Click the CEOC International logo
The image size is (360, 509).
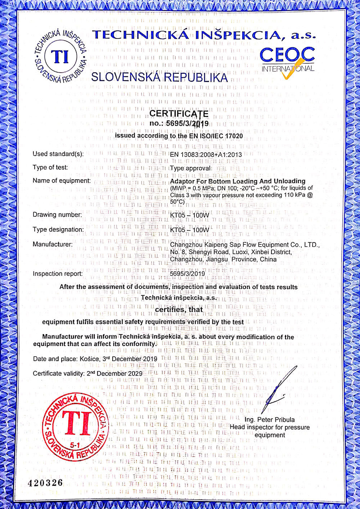pyautogui.click(x=287, y=62)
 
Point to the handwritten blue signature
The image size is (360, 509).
pyautogui.click(x=279, y=391)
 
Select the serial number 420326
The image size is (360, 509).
pyautogui.click(x=45, y=483)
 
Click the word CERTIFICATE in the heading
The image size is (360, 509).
pyautogui.click(x=179, y=114)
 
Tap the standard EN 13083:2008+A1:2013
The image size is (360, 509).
pyautogui.click(x=206, y=154)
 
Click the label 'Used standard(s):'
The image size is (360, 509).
pyautogui.click(x=58, y=154)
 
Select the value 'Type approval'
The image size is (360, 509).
pyautogui.click(x=190, y=168)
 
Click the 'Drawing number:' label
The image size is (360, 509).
pyautogui.click(x=57, y=215)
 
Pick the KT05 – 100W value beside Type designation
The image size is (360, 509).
pyautogui.click(x=189, y=230)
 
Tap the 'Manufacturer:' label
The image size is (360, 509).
pyautogui.click(x=53, y=244)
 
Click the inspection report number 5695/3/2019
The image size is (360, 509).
pyautogui.click(x=187, y=274)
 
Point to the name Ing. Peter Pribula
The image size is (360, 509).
pyautogui.click(x=269, y=420)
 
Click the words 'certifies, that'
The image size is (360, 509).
pyautogui.click(x=179, y=309)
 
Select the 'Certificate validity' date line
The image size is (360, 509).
pyautogui.click(x=87, y=373)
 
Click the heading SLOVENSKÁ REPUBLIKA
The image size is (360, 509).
pyautogui.click(x=159, y=77)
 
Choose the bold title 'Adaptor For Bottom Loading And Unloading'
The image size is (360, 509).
pyautogui.click(x=238, y=181)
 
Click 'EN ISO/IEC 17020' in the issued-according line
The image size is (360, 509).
pyautogui.click(x=216, y=136)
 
